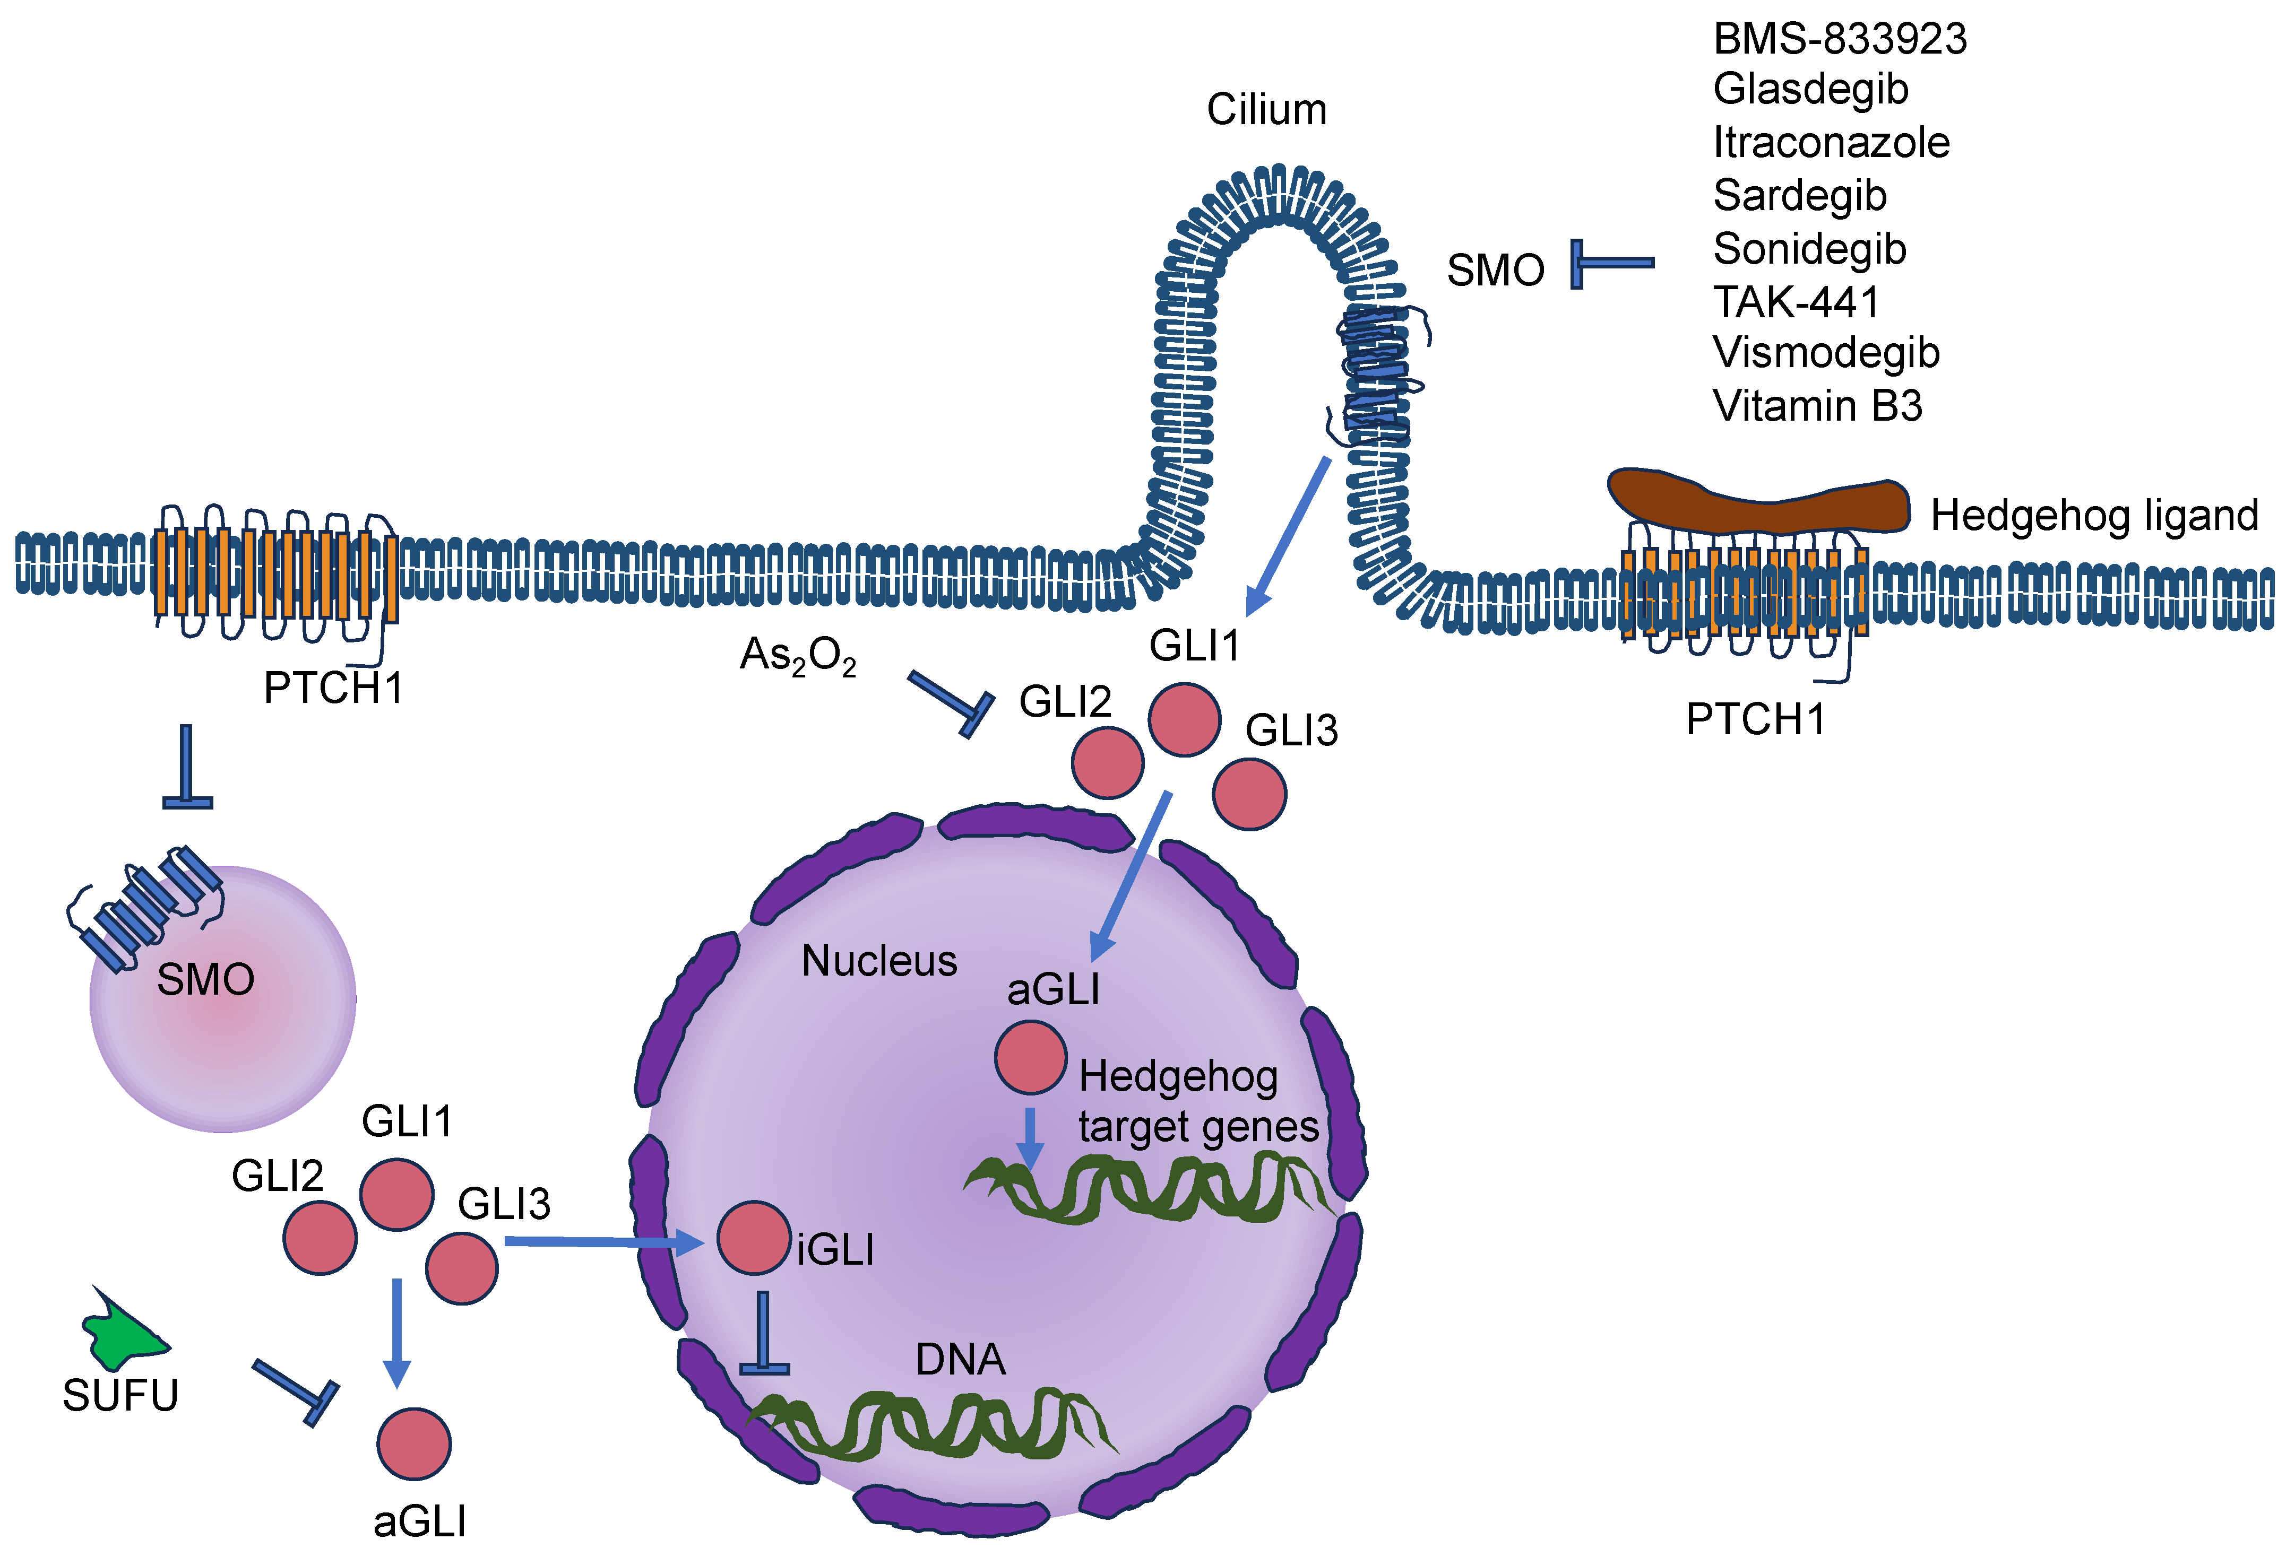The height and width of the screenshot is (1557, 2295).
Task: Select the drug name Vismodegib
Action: pyautogui.click(x=1825, y=352)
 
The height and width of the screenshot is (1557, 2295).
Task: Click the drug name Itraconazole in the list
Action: pyautogui.click(x=1830, y=142)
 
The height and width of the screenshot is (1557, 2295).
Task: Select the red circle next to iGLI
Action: pyautogui.click(x=753, y=1237)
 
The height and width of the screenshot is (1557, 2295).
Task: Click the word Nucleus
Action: pyautogui.click(x=879, y=961)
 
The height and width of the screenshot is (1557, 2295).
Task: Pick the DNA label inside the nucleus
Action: pyautogui.click(x=960, y=1360)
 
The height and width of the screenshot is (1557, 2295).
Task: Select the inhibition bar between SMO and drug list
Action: pyautogui.click(x=1610, y=264)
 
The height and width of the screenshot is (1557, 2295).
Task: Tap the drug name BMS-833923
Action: pyautogui.click(x=1839, y=39)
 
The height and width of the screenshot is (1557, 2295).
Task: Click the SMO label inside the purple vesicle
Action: pyautogui.click(x=205, y=979)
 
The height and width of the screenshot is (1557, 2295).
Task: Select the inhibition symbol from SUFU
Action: pyautogui.click(x=296, y=1392)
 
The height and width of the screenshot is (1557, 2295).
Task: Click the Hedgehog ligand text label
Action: pyautogui.click(x=2093, y=516)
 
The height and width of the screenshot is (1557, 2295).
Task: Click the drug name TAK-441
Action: pyautogui.click(x=1796, y=301)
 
